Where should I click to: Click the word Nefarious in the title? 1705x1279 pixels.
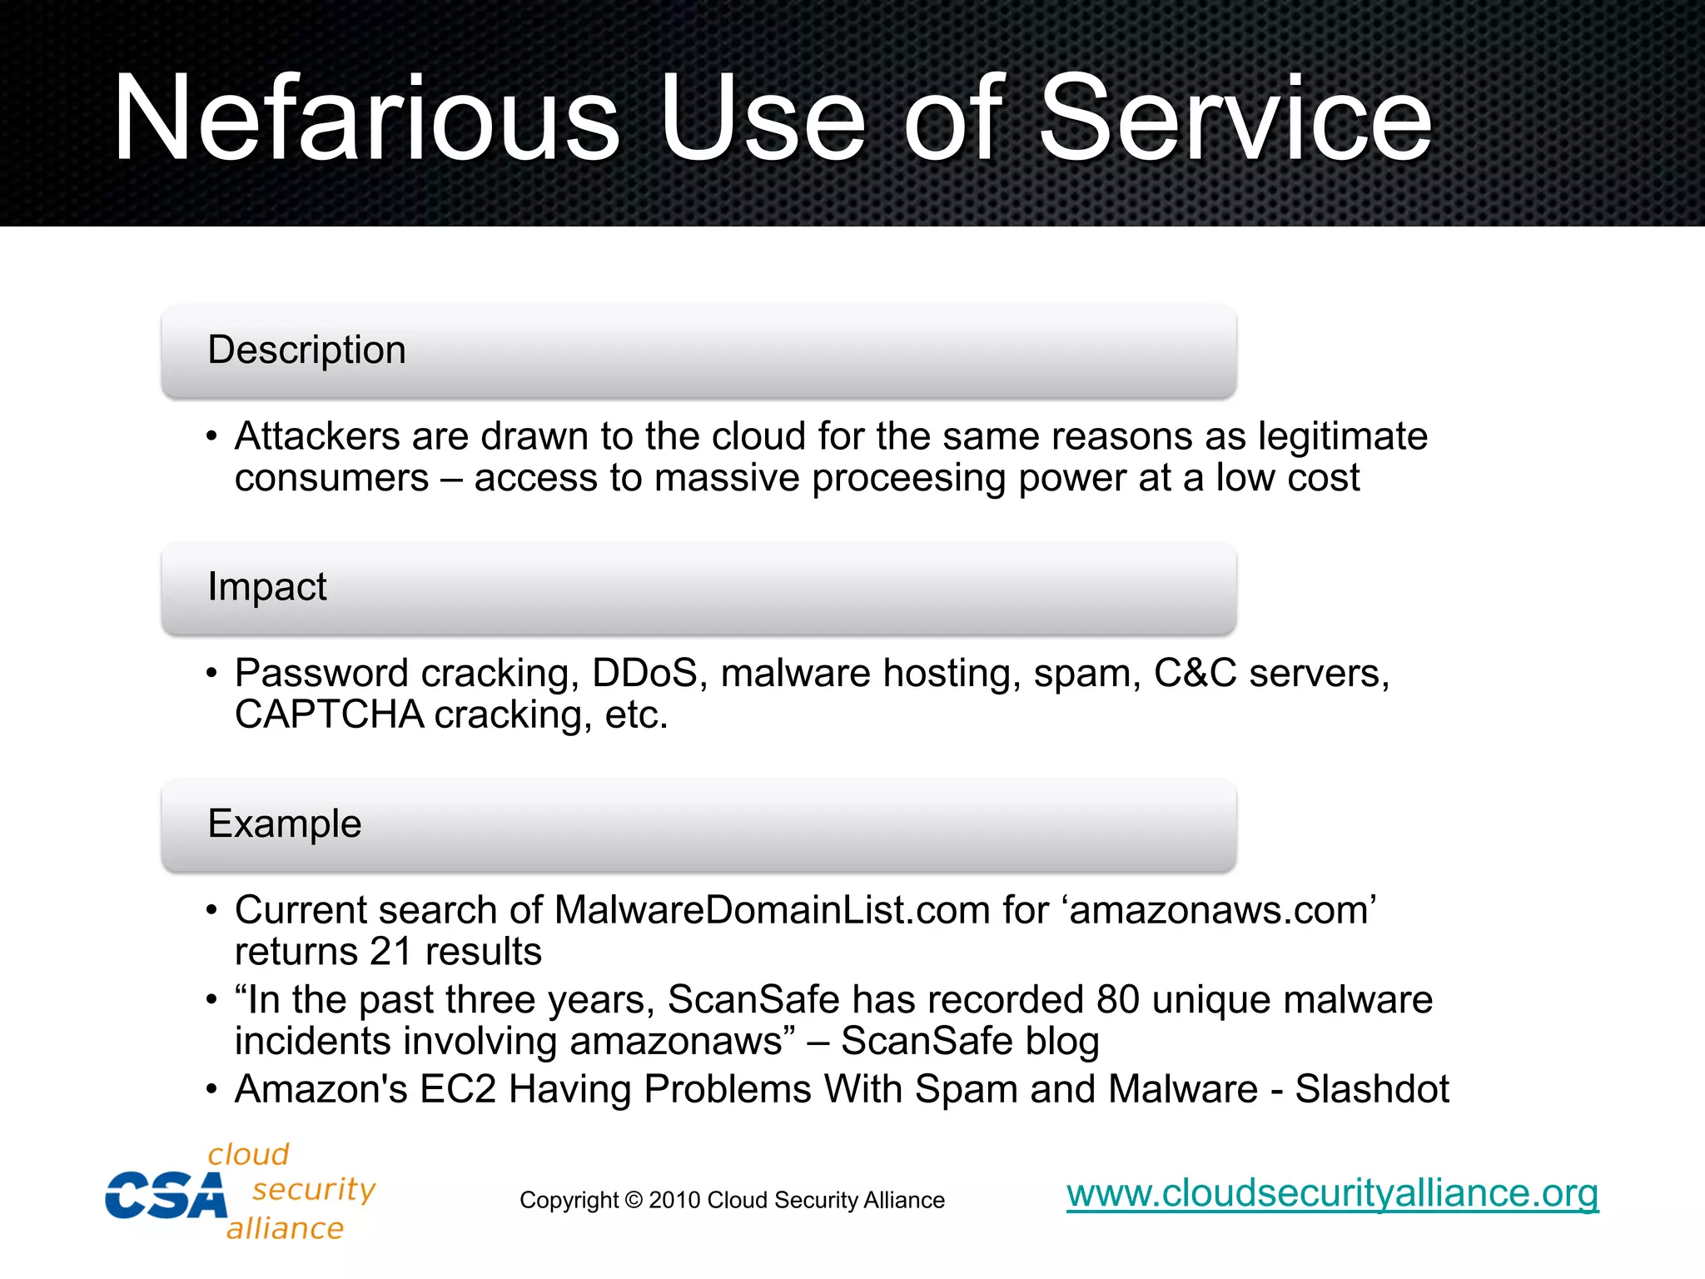pos(366,118)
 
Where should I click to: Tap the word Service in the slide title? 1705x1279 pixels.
pos(1235,118)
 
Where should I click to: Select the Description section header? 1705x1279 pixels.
pos(306,350)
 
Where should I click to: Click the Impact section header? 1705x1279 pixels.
pos(266,587)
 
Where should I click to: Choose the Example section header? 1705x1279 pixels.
pos(284,824)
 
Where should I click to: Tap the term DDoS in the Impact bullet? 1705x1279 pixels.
pos(644,673)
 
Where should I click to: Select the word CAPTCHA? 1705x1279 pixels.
pos(329,714)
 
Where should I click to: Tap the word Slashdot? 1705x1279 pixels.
pos(1372,1089)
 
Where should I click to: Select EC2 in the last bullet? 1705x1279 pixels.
pos(457,1089)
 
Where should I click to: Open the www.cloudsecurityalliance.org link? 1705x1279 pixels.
pos(1332,1193)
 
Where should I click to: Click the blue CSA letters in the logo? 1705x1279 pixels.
pos(166,1196)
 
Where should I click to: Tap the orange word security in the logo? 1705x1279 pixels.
pos(314,1189)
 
